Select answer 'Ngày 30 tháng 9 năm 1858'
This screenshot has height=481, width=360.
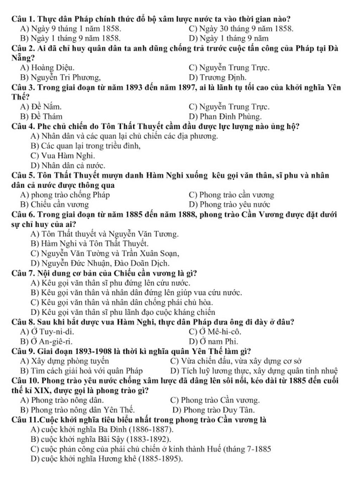point(246,28)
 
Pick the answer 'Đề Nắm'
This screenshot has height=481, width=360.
point(46,107)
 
